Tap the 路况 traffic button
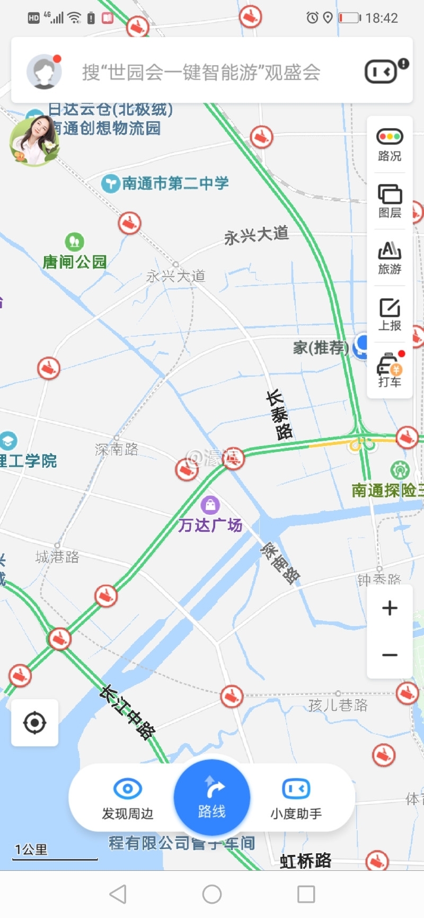[390, 144]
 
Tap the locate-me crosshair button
[35, 723]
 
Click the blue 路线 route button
[212, 797]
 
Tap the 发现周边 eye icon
[128, 789]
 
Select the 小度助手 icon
[296, 789]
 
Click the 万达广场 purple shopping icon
[210, 505]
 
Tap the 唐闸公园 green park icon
[74, 242]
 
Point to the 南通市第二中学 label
[175, 183]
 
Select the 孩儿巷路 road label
[338, 705]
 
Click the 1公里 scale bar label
[31, 849]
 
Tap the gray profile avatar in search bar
[44, 72]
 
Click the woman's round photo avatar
[34, 140]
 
